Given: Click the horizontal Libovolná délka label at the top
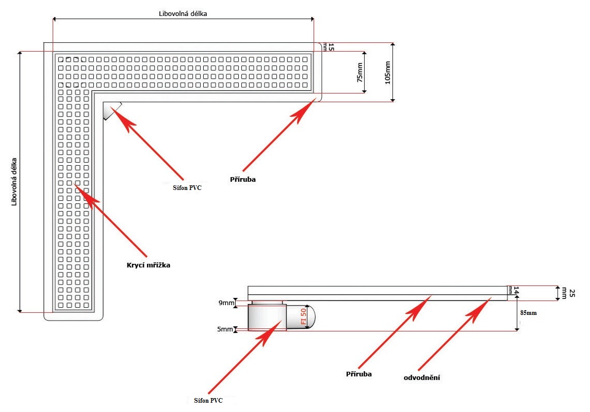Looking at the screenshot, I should pos(183,13).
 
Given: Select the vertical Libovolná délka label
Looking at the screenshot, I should pos(14,182).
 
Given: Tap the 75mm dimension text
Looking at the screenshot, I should pos(359,73).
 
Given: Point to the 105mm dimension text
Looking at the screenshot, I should pos(387,72).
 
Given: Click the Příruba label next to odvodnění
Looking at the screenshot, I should pos(359,373).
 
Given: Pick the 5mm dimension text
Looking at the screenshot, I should pos(226,328).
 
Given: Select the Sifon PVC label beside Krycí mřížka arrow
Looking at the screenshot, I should pos(186,187).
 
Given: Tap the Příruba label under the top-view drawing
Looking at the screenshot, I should pos(243,180).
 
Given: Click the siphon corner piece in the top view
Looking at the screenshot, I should pos(110,110).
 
